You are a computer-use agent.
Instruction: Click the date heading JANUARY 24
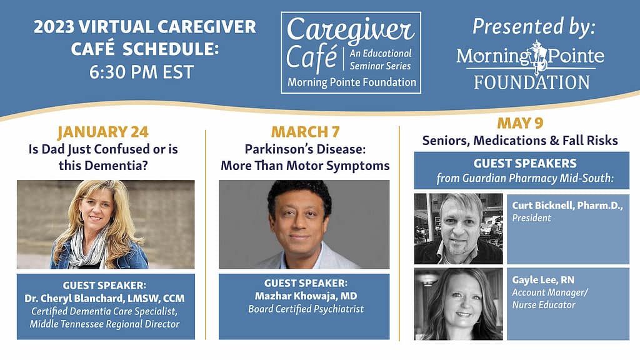pos(103,132)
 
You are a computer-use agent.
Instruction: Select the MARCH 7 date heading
pos(305,132)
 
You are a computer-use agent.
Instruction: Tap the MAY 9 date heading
pos(520,123)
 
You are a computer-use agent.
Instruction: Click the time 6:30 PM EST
pos(141,72)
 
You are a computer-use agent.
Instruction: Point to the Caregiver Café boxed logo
pos(351,52)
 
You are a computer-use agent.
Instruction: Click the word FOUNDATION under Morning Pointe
pos(532,82)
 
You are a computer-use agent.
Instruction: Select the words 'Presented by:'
pos(534,27)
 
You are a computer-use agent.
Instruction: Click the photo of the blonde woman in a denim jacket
pos(106,224)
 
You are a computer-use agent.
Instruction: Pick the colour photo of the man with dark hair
pos(304,224)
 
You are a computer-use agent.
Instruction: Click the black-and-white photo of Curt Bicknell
pos(458,229)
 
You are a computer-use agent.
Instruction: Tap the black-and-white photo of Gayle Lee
pos(458,304)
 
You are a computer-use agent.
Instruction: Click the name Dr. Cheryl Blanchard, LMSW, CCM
pos(104,298)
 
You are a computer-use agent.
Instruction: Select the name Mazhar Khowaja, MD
pos(306,296)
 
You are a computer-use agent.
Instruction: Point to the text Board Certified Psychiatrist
pos(306,309)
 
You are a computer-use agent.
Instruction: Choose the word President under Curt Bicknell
pos(531,218)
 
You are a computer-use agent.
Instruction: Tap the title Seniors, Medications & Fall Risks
pos(520,141)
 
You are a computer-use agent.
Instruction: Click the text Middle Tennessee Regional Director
pos(104,324)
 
